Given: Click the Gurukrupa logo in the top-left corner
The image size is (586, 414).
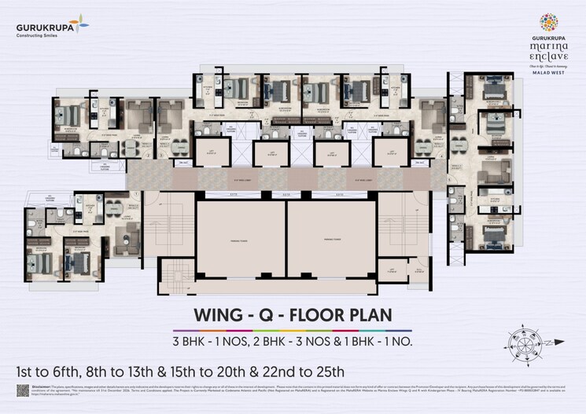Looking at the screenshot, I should point(52,29).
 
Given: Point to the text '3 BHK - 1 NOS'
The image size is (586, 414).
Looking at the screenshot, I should point(212,342).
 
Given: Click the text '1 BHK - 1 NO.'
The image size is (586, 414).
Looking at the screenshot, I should point(373,342).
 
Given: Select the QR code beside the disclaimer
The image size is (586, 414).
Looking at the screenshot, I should point(23,391).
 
